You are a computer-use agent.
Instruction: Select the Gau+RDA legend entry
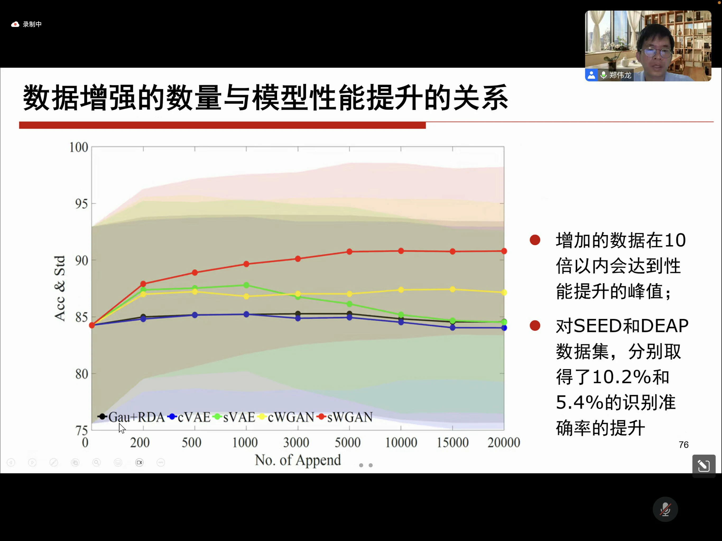click(131, 417)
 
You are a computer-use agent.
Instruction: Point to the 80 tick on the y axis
click(82, 374)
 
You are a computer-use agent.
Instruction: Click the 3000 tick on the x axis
click(296, 442)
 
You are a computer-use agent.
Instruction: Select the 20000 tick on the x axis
click(504, 442)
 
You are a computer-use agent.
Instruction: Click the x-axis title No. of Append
click(298, 460)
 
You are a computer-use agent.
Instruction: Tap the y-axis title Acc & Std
click(60, 288)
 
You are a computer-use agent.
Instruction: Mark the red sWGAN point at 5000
click(349, 251)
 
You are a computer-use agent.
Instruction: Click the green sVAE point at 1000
click(246, 285)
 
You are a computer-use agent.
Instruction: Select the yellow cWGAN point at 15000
click(452, 290)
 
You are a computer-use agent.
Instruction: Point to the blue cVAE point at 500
click(195, 315)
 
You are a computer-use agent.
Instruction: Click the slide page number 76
click(683, 445)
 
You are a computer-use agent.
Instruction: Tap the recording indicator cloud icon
click(15, 24)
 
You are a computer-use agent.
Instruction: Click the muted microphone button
click(665, 509)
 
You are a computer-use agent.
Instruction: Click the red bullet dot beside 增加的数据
click(535, 240)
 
